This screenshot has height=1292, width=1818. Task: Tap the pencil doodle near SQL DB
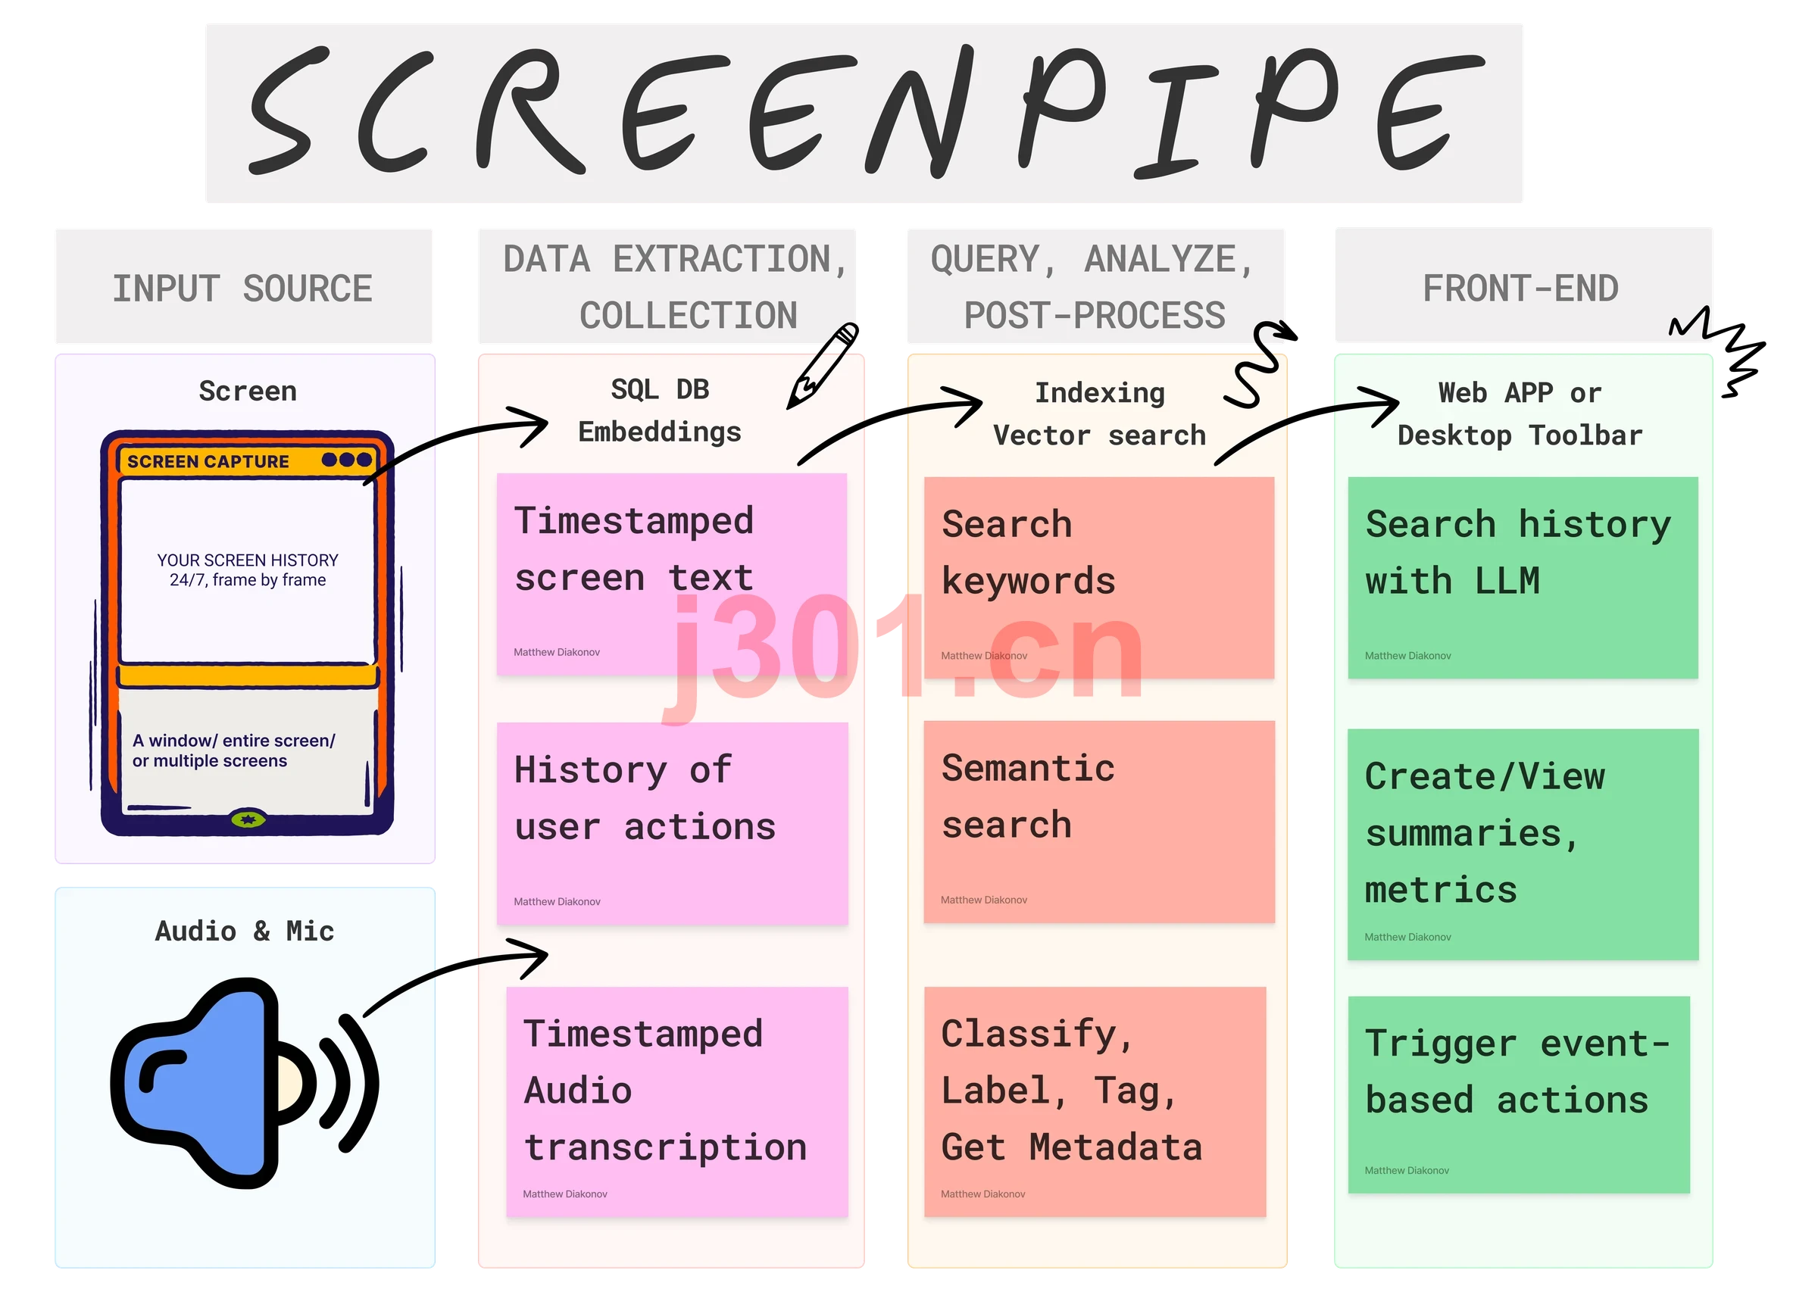click(823, 365)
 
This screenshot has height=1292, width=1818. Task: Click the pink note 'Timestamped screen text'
click(671, 574)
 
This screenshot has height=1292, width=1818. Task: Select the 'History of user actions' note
click(673, 823)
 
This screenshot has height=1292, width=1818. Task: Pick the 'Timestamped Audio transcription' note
click(677, 1102)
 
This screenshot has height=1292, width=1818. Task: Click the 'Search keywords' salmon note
click(1099, 578)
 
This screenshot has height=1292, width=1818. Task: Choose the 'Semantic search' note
click(1099, 822)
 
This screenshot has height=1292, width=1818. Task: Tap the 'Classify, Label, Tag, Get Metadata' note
click(1095, 1102)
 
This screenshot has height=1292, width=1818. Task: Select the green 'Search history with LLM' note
click(1523, 578)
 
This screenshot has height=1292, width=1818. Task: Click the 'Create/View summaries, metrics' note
click(1523, 844)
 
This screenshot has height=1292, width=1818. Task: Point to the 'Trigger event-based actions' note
click(1519, 1094)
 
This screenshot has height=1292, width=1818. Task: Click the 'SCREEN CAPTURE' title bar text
click(208, 461)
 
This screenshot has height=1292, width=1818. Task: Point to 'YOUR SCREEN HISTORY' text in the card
click(248, 560)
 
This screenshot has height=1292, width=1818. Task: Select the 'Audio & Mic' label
click(244, 931)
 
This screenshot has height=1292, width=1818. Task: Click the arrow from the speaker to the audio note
click(445, 967)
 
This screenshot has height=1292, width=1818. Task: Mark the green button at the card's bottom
click(248, 819)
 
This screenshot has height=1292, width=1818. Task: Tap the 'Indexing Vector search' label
click(1100, 414)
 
